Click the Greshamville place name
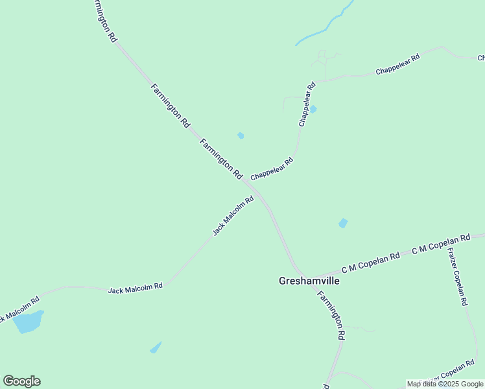309,281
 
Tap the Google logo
21,381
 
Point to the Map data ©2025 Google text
445,384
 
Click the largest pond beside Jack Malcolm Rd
28,321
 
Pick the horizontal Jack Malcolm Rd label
135,287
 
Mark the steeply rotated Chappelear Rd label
306,104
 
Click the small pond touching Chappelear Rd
313,109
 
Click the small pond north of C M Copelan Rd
342,223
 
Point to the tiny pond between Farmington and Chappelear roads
241,136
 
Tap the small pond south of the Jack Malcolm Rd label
156,348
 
